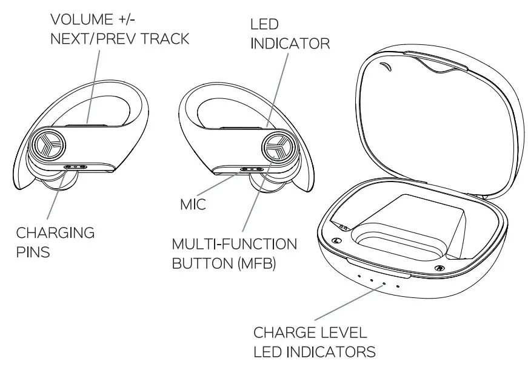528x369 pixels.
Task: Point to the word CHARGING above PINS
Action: coord(55,232)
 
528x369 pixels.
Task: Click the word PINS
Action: coord(33,252)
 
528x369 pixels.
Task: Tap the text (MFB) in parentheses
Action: coord(255,265)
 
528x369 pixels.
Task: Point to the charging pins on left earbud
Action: coord(76,166)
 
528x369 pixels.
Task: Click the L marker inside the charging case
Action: coord(336,239)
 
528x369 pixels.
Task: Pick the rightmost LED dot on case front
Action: coord(398,287)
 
